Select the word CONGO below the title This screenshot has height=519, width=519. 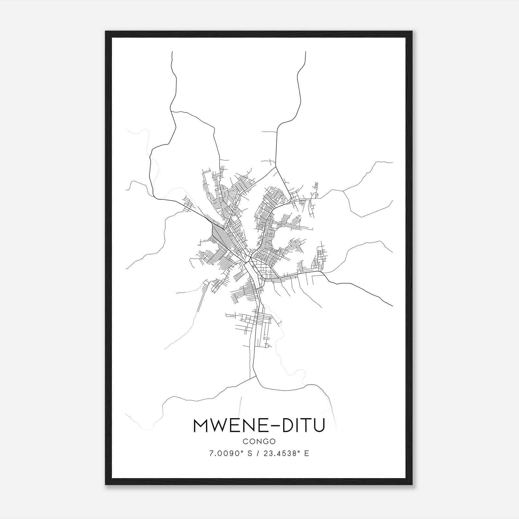tap(259, 441)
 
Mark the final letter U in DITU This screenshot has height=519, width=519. tap(318, 426)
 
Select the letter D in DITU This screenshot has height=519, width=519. tap(288, 426)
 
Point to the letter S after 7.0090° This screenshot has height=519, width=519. tap(250, 453)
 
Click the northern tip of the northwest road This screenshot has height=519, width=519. tap(172, 52)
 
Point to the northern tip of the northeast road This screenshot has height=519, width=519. tap(306, 52)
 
